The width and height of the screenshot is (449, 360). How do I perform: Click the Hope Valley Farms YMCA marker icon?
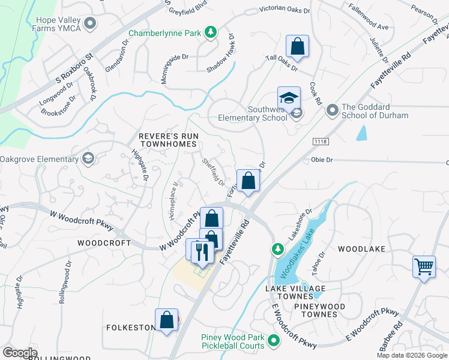pyautogui.click(x=91, y=23)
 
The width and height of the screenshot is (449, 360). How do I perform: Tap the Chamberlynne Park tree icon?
pyautogui.click(x=211, y=33)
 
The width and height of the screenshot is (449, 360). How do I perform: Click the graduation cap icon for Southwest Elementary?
pyautogui.click(x=289, y=98)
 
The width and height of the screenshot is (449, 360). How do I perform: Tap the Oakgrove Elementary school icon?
pyautogui.click(x=88, y=159)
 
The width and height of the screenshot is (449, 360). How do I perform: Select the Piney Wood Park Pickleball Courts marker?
pyautogui.click(x=274, y=341)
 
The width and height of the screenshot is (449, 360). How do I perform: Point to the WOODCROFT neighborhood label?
pyautogui.click(x=104, y=243)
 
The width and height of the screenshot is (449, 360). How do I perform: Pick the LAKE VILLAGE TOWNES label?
pyautogui.click(x=295, y=289)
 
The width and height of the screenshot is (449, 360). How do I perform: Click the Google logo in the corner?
pyautogui.click(x=20, y=352)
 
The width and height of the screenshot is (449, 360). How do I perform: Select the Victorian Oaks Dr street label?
pyautogui.click(x=285, y=10)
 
